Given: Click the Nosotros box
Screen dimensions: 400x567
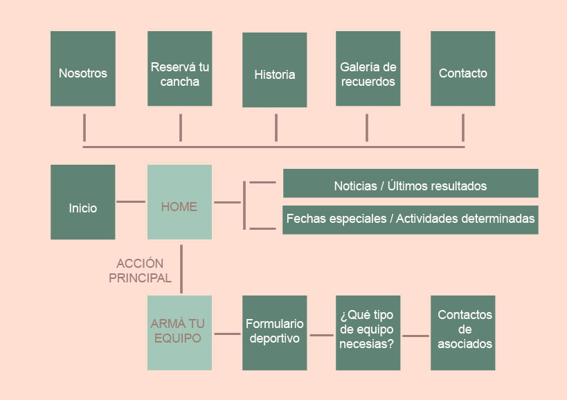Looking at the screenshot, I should click(x=83, y=69).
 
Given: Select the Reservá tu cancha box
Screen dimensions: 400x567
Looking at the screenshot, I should click(x=180, y=69).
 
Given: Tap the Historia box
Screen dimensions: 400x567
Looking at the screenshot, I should click(x=274, y=70).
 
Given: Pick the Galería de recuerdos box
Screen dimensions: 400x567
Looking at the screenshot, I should click(x=368, y=69).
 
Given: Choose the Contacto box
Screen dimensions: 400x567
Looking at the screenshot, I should click(x=462, y=69).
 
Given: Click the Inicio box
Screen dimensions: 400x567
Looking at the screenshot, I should click(x=83, y=202).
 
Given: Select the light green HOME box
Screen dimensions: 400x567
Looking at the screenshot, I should click(x=180, y=202).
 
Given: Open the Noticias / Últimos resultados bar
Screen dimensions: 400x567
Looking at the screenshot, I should click(x=411, y=183).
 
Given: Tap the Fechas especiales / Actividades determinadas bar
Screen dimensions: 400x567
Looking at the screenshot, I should click(x=411, y=219).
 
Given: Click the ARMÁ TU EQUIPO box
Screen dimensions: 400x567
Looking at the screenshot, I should click(x=180, y=333).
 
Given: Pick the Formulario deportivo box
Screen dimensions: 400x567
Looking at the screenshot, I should click(x=274, y=333).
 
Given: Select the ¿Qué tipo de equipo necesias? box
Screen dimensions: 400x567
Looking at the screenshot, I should click(x=368, y=333).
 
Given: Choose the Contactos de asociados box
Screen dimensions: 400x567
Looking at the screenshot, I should click(x=462, y=333).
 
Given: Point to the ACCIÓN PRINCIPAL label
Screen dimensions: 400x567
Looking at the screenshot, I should click(x=141, y=271).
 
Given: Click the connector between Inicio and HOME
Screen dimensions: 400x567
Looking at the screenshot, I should click(x=131, y=202).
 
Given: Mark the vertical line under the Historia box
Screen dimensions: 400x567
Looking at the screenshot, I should click(x=276, y=127).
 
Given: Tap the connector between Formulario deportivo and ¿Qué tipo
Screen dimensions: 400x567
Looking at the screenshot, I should click(x=321, y=335).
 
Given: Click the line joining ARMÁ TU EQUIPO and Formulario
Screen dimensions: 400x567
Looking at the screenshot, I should click(x=227, y=335).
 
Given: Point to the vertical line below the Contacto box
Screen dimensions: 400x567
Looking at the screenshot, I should click(x=463, y=127).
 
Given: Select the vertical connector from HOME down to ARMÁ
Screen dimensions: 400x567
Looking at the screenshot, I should click(x=181, y=269).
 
